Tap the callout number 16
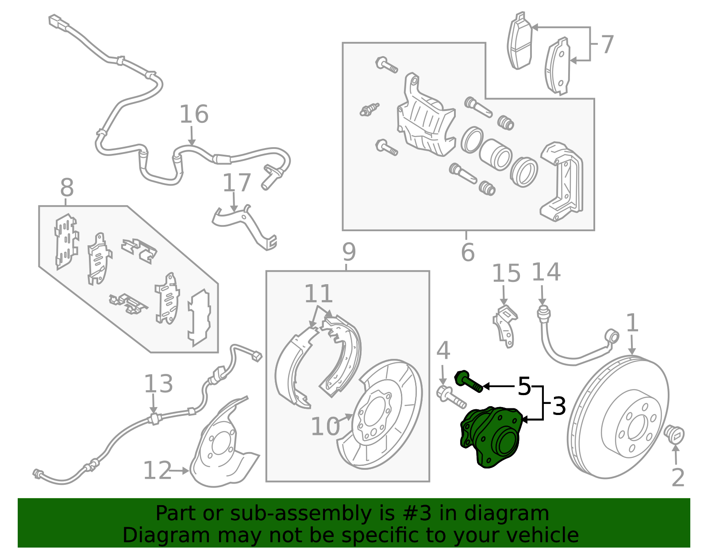[x=194, y=114]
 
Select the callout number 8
[x=67, y=188]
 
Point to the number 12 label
[x=157, y=471]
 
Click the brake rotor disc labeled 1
[x=617, y=418]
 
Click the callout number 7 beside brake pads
[x=607, y=45]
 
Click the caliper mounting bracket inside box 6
[x=561, y=181]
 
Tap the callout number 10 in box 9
[x=325, y=427]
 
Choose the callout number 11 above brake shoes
[x=319, y=294]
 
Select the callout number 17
[x=237, y=183]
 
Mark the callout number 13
[x=158, y=384]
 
